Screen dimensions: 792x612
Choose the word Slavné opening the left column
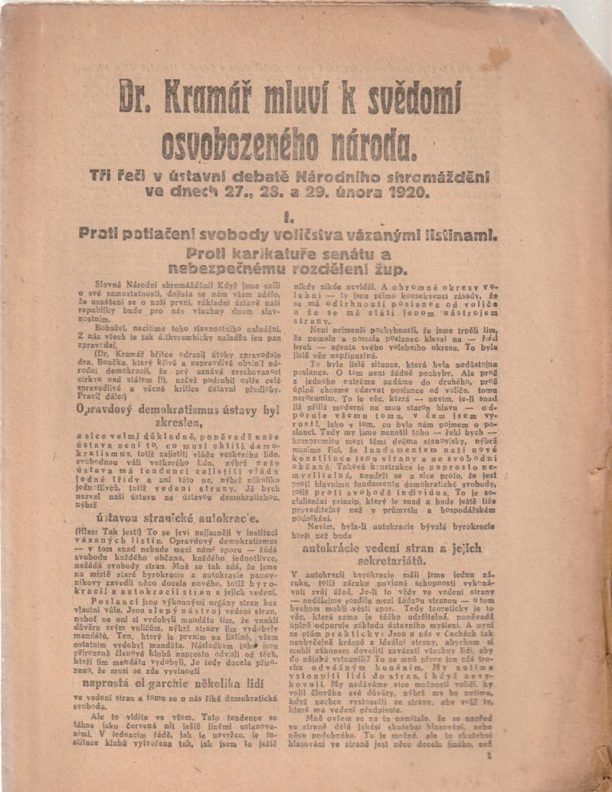pos(113,285)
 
